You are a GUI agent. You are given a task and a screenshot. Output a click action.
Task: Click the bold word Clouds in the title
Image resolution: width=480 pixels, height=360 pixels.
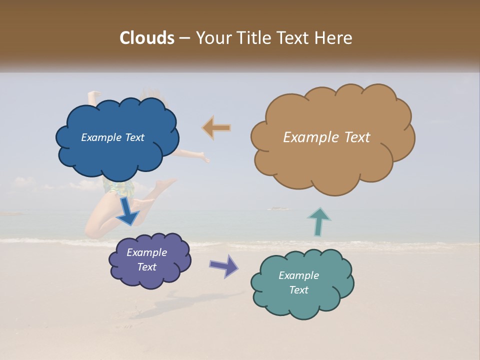tap(147, 38)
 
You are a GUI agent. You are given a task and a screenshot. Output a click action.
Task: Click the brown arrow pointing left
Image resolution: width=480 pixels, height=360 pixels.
tap(217, 128)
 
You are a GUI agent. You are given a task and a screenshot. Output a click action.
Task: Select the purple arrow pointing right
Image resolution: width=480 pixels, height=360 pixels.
tap(224, 265)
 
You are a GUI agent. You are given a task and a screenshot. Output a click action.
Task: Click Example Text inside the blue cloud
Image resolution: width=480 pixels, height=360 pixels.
tap(112, 137)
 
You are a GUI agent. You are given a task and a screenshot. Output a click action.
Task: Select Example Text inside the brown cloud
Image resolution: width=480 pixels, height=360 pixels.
tap(326, 137)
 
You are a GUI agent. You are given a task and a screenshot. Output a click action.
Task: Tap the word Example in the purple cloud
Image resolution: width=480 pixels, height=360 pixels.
tap(146, 252)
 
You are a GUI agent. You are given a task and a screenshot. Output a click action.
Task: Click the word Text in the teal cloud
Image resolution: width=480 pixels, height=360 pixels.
tap(298, 290)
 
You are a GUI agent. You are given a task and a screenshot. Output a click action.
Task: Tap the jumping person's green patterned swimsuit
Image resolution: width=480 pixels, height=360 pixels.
tap(119, 188)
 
